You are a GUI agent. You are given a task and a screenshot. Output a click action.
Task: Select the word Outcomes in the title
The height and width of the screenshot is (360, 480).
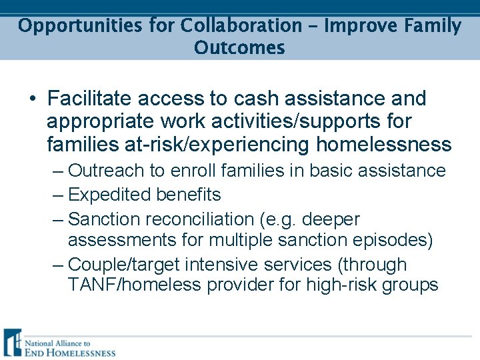coord(239,49)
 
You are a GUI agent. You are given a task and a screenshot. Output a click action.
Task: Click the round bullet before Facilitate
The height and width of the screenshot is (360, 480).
coord(33,99)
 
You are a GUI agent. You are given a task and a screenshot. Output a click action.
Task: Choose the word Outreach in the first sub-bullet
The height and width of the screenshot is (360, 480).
coord(107,171)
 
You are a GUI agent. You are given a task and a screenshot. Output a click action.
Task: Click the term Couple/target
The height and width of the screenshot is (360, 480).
coord(125,265)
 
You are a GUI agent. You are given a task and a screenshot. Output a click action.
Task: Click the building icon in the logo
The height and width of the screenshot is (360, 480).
coord(13,343)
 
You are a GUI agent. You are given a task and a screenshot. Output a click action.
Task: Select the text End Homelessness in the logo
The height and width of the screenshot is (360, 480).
coord(70,353)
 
